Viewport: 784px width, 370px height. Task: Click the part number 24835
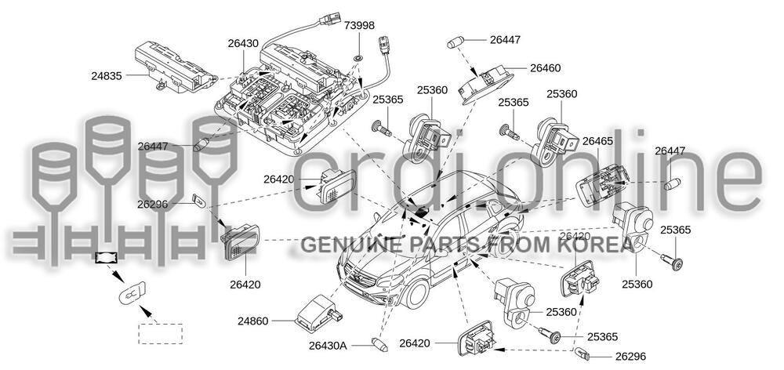click(108, 76)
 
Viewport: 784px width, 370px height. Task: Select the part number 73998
click(360, 26)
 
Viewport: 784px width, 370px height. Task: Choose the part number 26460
click(546, 68)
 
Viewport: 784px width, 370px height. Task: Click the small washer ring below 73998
click(358, 58)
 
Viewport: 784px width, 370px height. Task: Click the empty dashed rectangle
click(160, 334)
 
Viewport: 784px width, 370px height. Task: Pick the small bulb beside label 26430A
click(382, 343)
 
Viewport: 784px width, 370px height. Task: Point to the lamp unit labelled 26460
click(489, 82)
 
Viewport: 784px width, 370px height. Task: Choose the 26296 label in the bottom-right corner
click(631, 356)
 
